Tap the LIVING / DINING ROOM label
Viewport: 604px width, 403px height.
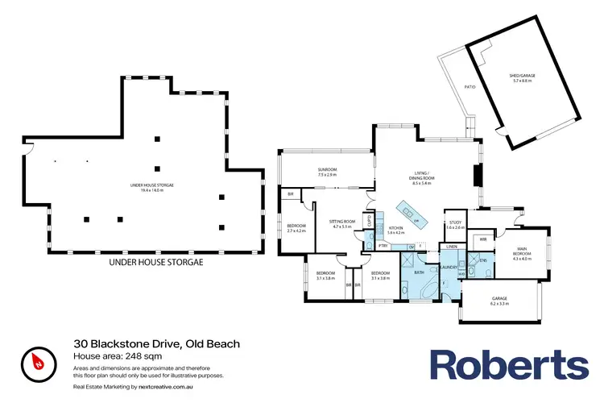pyautogui.click(x=421, y=181)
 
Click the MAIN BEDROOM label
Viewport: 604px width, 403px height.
pyautogui.click(x=522, y=256)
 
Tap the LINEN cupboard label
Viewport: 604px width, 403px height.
pyautogui.click(x=452, y=246)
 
